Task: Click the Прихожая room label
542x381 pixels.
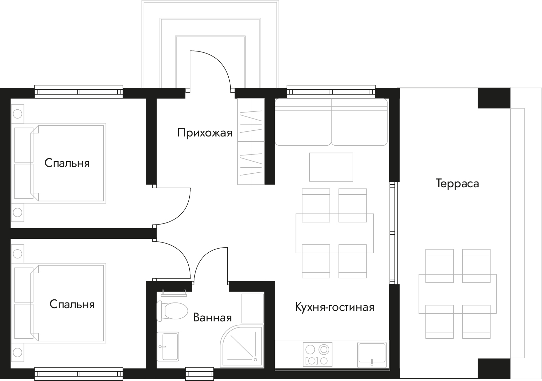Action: (205, 133)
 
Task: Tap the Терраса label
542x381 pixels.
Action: (457, 184)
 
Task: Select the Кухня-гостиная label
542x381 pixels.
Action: (335, 307)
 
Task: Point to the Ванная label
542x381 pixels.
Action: (212, 318)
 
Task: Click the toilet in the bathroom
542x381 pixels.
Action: (172, 311)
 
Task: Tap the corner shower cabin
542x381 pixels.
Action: (242, 347)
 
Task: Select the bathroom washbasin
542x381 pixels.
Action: (168, 347)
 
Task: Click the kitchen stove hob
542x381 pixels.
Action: (317, 354)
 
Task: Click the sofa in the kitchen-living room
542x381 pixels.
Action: (331, 122)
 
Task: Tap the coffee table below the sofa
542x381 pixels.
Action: (331, 167)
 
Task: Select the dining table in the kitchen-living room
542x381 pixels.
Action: (334, 233)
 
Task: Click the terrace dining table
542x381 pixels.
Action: (457, 294)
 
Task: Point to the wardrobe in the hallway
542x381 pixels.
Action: (251, 141)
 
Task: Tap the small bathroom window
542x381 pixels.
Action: (200, 374)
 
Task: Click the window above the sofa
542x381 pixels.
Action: (331, 92)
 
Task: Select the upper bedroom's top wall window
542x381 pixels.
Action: (79, 92)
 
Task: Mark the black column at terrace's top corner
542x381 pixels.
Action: (494, 98)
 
